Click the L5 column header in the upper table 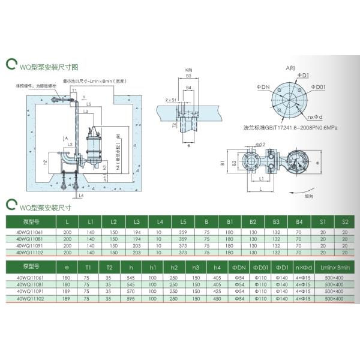(x=182, y=222)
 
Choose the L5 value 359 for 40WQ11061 (x=182, y=232)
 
